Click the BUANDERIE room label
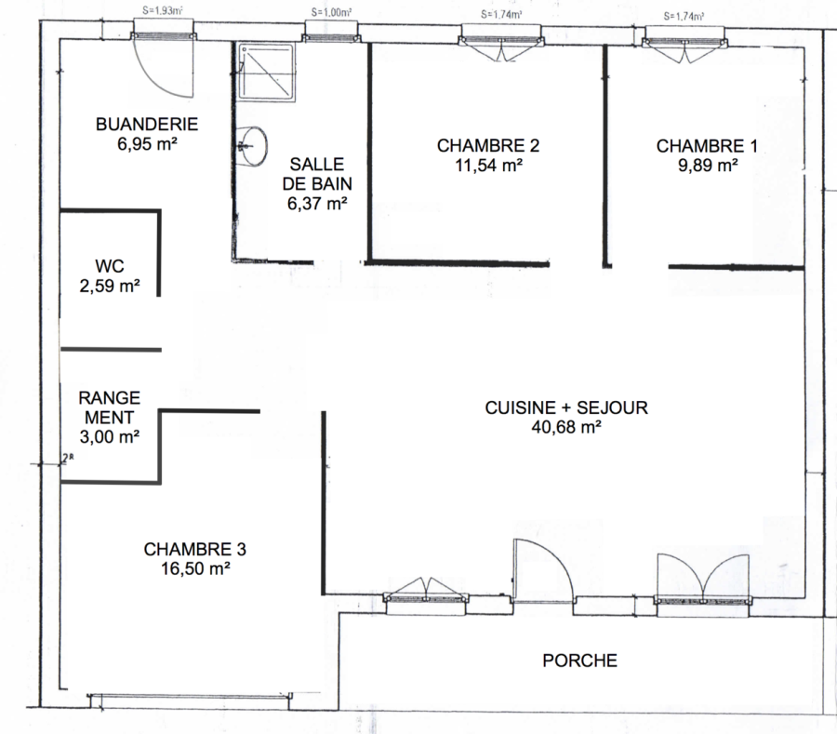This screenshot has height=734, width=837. [x=147, y=125]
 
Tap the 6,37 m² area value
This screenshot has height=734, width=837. [x=318, y=204]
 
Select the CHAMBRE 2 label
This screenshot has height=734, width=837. [x=488, y=146]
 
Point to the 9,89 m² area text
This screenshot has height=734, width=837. [x=708, y=166]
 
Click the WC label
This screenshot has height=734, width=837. [x=110, y=266]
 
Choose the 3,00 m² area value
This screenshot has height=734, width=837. [x=110, y=436]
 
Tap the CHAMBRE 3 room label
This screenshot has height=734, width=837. [x=195, y=549]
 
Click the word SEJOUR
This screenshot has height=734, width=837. [x=612, y=407]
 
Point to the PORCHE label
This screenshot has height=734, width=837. [x=579, y=661]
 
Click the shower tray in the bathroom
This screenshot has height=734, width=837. [x=267, y=72]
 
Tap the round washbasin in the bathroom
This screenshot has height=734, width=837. [x=253, y=146]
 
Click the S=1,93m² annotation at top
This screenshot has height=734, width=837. [x=164, y=10]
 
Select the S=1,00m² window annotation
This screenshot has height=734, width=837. [x=331, y=12]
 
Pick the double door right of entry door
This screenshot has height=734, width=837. [x=703, y=577]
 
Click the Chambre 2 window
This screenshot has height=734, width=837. [x=500, y=44]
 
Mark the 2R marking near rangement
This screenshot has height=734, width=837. [x=67, y=458]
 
